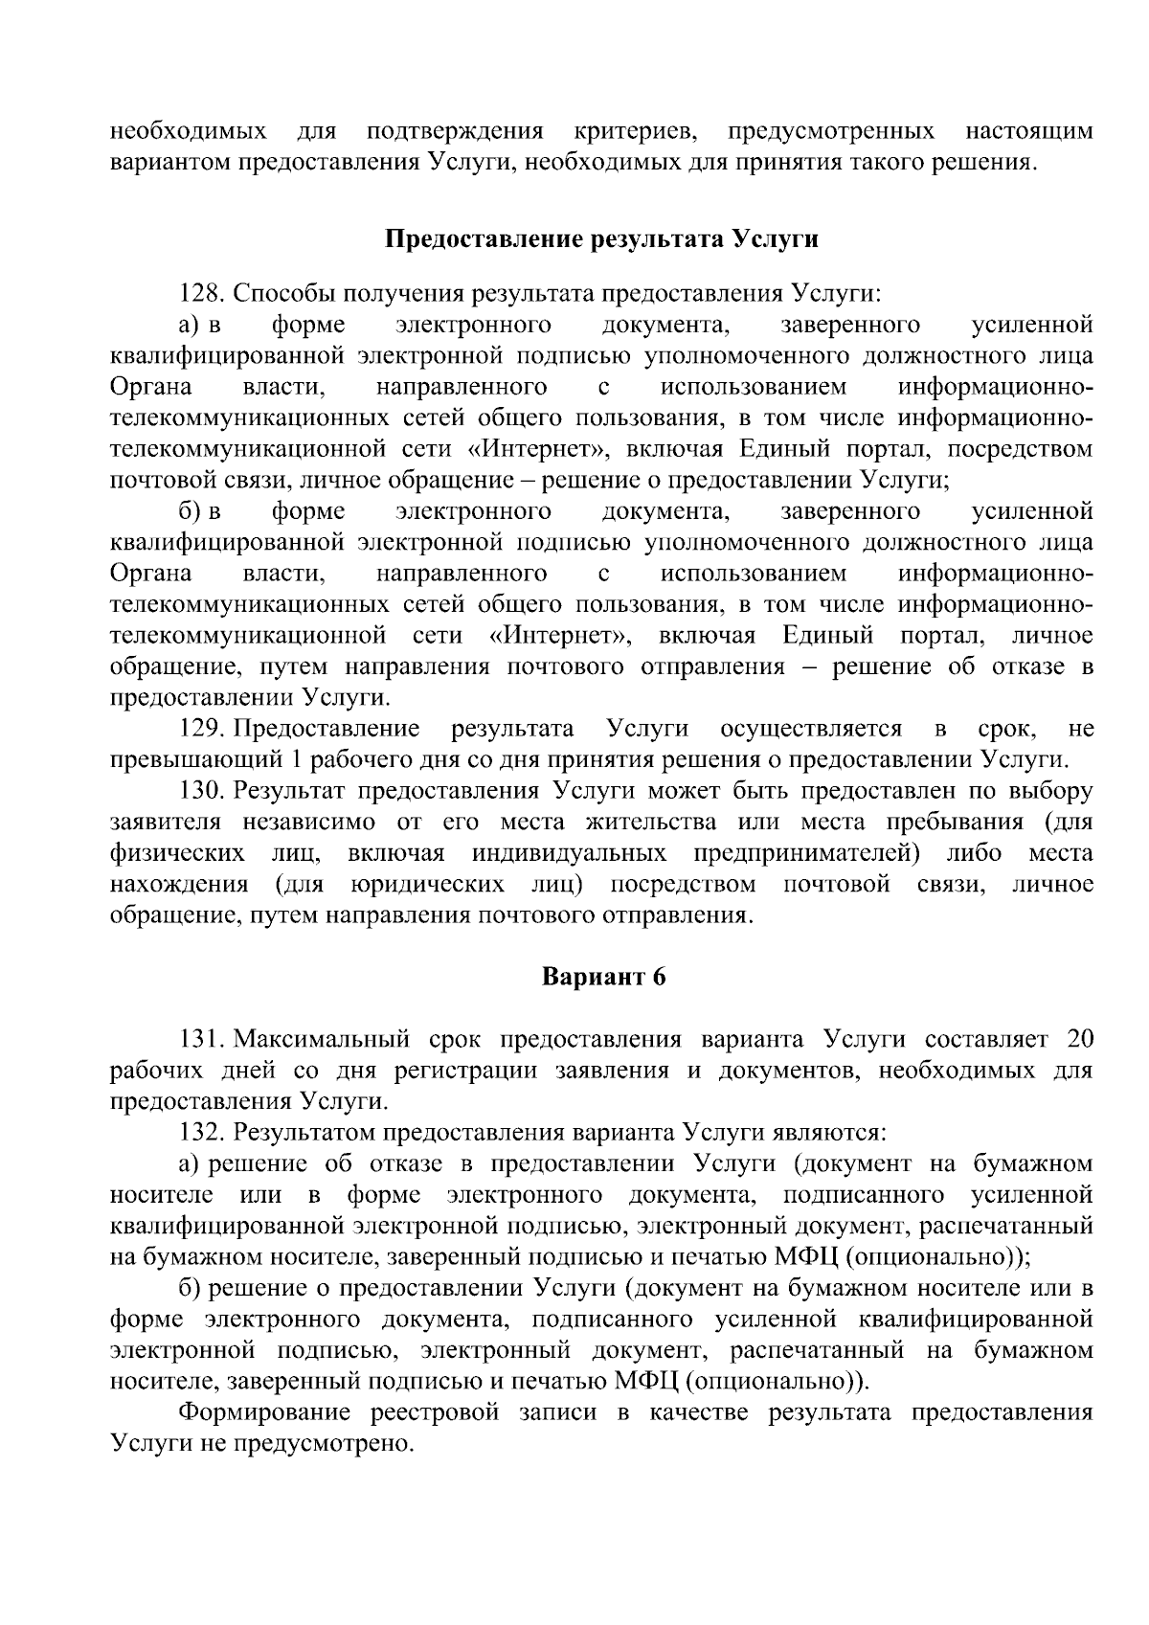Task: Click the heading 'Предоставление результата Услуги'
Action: (601, 238)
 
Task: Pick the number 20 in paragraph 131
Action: (1079, 1040)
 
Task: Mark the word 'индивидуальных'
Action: (570, 853)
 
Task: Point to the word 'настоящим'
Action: (1028, 131)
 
